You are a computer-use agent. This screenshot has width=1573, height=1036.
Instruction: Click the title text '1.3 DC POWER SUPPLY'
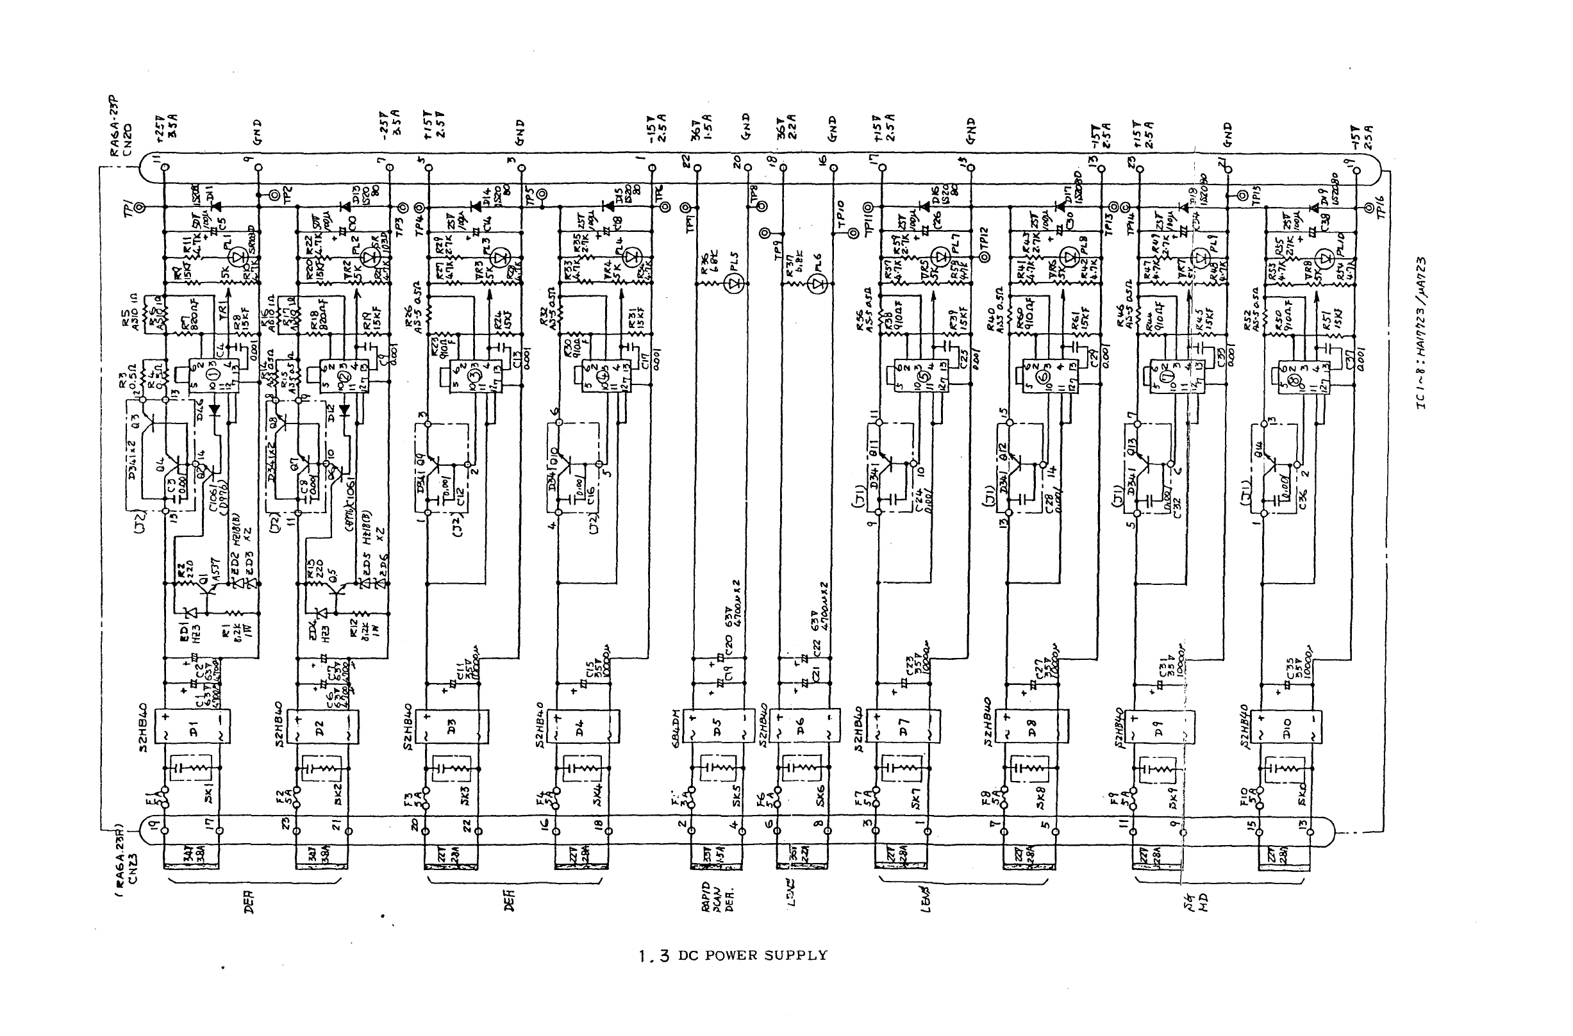pos(733,955)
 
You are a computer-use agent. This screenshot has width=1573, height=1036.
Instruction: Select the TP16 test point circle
pos(1369,208)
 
